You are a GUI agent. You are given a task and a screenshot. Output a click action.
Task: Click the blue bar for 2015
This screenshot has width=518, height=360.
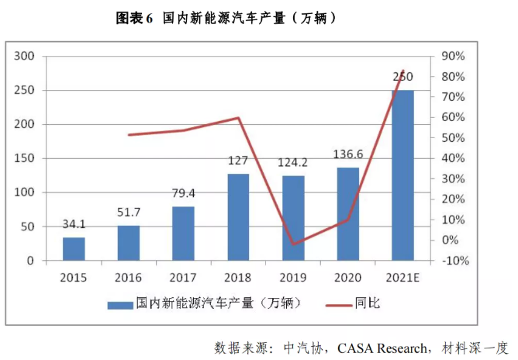[x=74, y=248]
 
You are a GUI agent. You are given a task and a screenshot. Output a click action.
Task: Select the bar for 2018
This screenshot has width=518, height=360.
[x=238, y=217]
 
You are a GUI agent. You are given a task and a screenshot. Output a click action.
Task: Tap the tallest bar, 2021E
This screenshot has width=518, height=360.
[x=402, y=175]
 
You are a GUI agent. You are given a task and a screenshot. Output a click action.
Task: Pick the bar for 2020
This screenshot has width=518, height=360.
[x=347, y=213]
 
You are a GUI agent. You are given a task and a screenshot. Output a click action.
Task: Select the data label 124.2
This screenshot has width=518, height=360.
[x=293, y=164]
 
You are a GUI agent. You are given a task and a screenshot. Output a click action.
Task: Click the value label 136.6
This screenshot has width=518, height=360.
[x=347, y=156]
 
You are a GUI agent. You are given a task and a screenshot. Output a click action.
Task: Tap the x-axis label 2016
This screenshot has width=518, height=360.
[x=128, y=277]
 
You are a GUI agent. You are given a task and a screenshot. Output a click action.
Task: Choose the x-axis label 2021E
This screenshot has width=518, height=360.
[x=402, y=277]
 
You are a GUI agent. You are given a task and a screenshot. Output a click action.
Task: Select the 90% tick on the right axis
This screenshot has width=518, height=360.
[x=453, y=56]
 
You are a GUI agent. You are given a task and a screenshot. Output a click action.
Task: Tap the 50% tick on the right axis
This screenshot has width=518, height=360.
[x=453, y=138]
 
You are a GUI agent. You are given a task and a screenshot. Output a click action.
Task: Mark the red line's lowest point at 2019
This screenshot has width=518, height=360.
[x=293, y=244]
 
